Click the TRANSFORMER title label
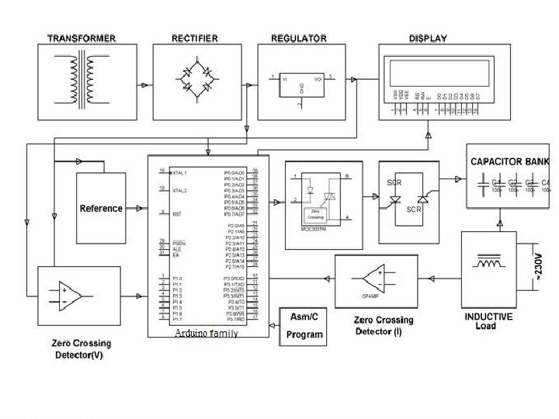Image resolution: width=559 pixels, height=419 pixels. (81, 38)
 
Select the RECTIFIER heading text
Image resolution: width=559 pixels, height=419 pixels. (195, 38)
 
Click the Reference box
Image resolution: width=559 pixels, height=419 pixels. (101, 208)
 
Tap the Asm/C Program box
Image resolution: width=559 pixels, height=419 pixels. (304, 327)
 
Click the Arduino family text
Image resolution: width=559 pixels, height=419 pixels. (206, 333)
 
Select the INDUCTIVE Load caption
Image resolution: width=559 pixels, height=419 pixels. (488, 321)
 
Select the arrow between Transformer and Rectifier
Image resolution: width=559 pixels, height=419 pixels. (144, 86)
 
